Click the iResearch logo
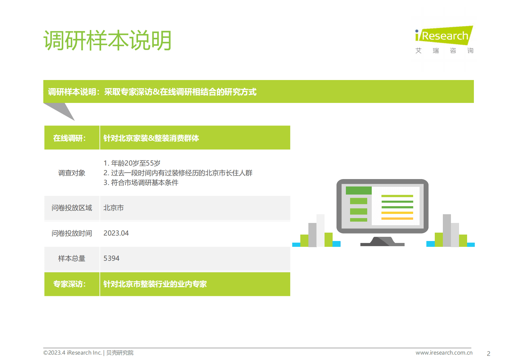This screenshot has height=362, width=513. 444,39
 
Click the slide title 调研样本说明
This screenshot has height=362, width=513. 107,41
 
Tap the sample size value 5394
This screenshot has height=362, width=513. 111,258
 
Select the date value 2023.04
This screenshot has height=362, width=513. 116,233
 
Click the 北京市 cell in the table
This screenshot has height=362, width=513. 113,208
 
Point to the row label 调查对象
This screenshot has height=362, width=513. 72,173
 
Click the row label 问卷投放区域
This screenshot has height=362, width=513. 72,208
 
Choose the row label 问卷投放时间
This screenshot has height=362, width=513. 72,233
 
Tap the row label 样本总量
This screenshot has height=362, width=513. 72,258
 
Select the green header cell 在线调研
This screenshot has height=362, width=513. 69,138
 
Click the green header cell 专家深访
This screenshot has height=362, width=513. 69,284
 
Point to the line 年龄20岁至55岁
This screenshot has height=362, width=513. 132,163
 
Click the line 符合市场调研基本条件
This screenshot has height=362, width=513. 141,183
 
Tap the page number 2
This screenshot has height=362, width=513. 488,354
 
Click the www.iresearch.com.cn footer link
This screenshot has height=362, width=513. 444,353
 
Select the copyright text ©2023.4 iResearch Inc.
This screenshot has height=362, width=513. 72,353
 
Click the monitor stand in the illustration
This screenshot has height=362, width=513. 382,242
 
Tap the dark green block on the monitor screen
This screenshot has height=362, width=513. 358,190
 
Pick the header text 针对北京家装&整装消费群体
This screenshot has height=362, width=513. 151,138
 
